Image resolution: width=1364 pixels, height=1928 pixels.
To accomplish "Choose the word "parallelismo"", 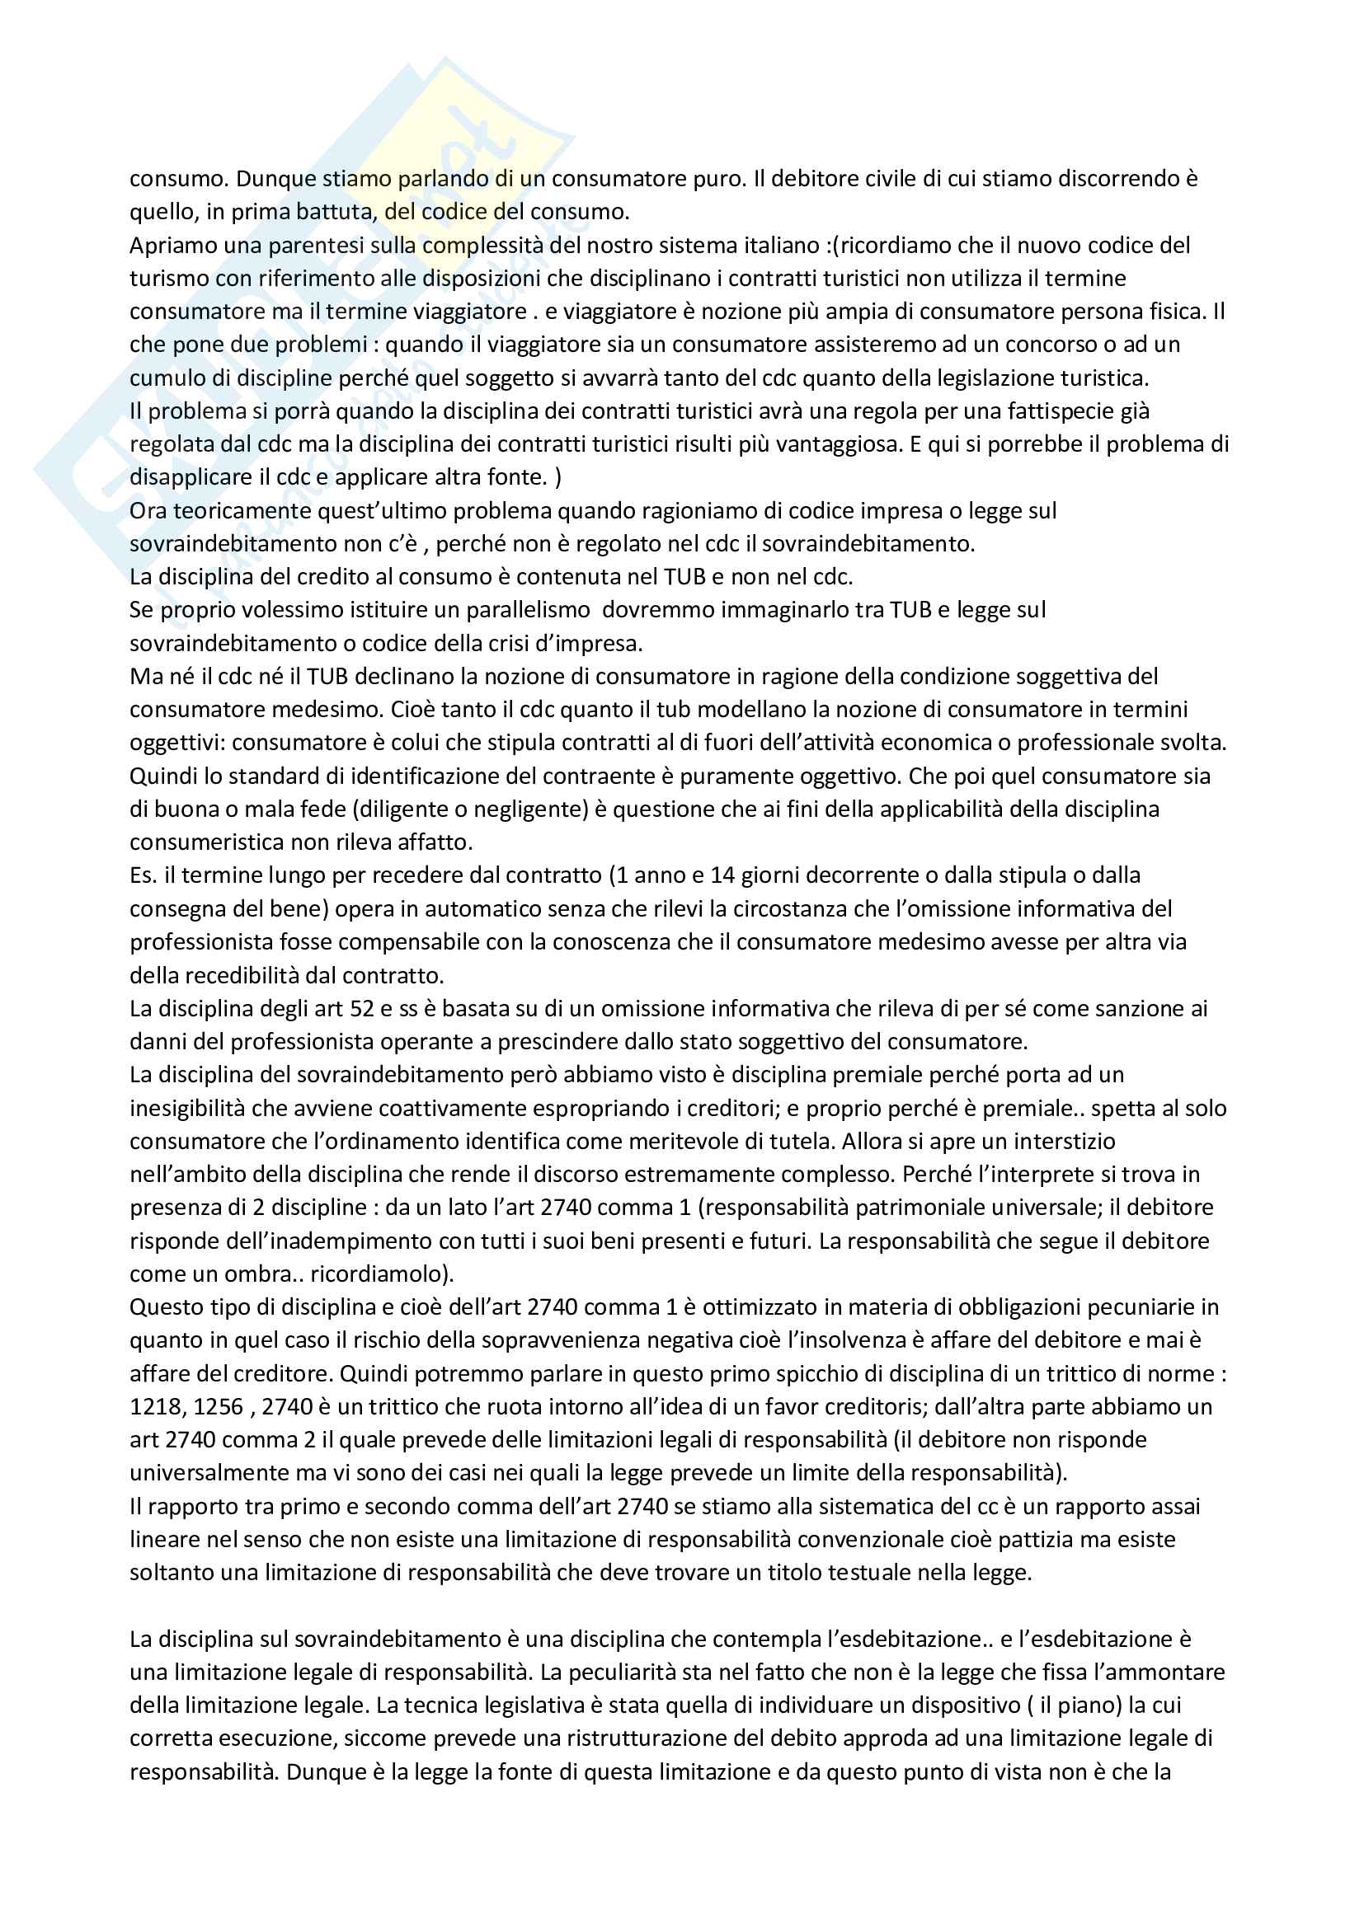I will pyautogui.click(x=514, y=610).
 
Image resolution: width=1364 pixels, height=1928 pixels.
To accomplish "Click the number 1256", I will pyautogui.click(x=219, y=1406).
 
